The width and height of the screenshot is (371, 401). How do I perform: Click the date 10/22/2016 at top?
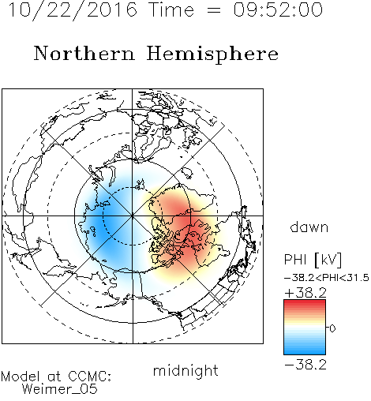coord(73,10)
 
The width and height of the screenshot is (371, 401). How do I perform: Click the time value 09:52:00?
coord(278,10)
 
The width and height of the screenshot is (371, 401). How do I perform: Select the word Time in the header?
coord(171,10)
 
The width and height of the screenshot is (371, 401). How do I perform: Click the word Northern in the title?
coord(84,54)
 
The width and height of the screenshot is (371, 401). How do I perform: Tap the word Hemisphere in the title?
coord(212,54)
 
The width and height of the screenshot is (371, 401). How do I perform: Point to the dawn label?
coord(309,227)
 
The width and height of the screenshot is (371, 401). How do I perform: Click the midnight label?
coord(185,370)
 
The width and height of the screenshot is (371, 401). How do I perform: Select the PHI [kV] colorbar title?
coord(313,260)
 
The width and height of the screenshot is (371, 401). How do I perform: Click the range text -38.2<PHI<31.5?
coord(327,278)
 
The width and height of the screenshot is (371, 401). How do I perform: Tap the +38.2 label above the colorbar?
coord(305,293)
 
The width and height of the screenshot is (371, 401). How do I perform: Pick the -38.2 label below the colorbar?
coord(305,365)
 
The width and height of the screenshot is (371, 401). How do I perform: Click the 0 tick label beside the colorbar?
coord(332,328)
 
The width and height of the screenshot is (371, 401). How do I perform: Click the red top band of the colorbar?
coord(305,303)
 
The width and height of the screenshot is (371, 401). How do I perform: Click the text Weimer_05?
coord(60,389)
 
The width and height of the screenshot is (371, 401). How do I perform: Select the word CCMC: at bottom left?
coord(90,377)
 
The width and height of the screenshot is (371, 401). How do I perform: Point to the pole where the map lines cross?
coord(133,215)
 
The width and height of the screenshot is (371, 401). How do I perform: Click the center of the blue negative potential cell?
coord(105,220)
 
